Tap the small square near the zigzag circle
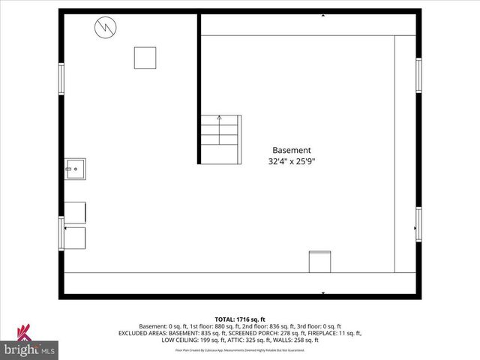click(x=145, y=58)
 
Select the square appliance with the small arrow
click(x=75, y=237)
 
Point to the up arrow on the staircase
click(x=219, y=118)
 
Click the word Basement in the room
click(x=291, y=149)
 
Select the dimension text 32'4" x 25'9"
click(x=291, y=160)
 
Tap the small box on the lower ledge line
click(x=319, y=261)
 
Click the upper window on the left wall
click(x=61, y=79)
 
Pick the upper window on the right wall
click(x=418, y=76)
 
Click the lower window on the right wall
click(x=418, y=224)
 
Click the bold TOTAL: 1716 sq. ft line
click(x=240, y=319)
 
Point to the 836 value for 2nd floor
click(x=275, y=326)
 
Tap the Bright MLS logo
click(x=30, y=342)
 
